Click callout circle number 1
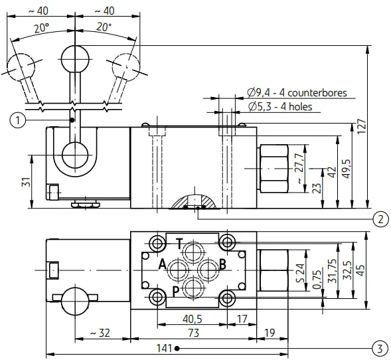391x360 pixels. coord(18,120)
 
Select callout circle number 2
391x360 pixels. coord(380,219)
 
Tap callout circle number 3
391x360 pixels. coord(380,348)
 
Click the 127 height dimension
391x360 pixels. coord(362,127)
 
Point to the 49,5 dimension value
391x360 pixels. coord(347,169)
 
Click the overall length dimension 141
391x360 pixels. coord(164,348)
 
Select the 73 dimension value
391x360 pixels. coord(193,333)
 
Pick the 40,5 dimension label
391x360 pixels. coord(193,319)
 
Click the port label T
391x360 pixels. coord(180,244)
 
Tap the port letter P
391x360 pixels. coord(176,292)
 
